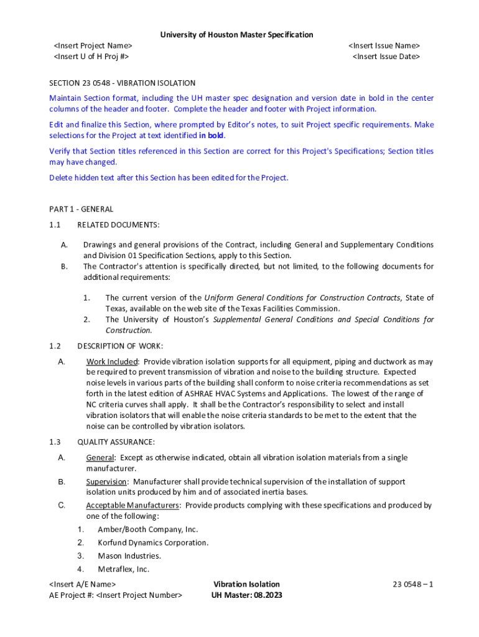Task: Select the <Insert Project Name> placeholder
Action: pos(93,46)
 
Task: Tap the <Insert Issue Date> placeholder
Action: pos(386,57)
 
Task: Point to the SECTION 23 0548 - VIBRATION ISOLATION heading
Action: pos(123,83)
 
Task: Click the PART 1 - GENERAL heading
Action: pos(81,209)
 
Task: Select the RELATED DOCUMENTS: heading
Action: pos(118,225)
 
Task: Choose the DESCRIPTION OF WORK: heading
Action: pos(120,346)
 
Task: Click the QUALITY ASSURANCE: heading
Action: pos(116,442)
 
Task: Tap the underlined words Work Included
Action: pos(111,361)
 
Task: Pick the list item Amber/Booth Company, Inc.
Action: pos(147,529)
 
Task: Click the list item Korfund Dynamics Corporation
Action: pos(153,542)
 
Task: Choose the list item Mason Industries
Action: pos(129,556)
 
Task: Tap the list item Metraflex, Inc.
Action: pos(123,569)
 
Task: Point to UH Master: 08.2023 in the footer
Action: pos(247,595)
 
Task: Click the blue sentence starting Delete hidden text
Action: pos(169,177)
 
